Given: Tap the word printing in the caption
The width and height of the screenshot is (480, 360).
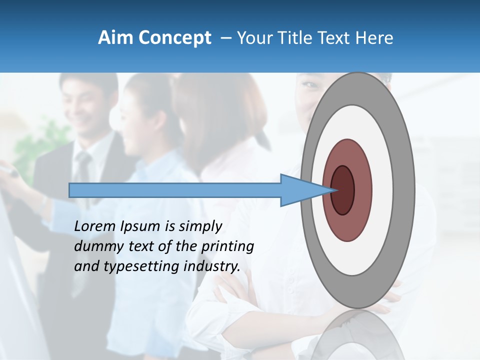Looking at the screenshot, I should pyautogui.click(x=227, y=247).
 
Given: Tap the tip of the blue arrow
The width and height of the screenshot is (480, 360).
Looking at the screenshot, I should pyautogui.click(x=333, y=190).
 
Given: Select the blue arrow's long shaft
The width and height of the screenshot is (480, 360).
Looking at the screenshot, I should pyautogui.click(x=175, y=190).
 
